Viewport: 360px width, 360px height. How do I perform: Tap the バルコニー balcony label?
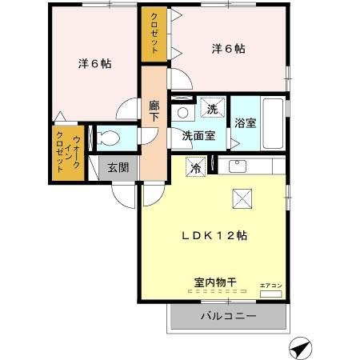[x=228, y=318]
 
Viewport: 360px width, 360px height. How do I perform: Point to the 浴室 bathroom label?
[x=245, y=122]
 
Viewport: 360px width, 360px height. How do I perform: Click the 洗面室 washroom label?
[x=197, y=136]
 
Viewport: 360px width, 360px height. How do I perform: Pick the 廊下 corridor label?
[x=154, y=110]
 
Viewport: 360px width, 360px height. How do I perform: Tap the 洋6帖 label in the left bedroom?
[x=94, y=65]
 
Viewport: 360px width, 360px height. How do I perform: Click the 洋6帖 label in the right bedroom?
[x=228, y=49]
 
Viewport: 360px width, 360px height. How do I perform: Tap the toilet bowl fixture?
[x=110, y=138]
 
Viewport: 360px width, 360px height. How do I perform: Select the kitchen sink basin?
[x=238, y=166]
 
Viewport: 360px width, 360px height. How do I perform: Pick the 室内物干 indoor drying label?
[x=213, y=282]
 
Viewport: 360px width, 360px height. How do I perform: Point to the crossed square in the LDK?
[x=241, y=198]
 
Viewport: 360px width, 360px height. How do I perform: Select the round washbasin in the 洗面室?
[x=182, y=113]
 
